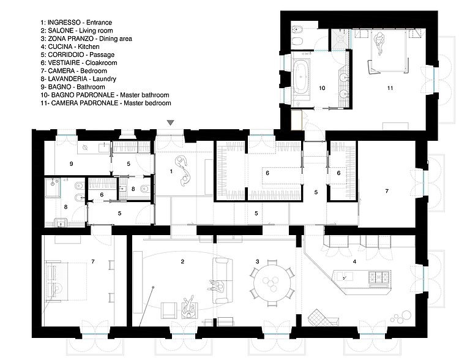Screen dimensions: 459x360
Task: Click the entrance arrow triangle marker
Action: pyautogui.click(x=170, y=122)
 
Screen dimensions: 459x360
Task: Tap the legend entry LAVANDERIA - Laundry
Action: pyautogui.click(x=78, y=79)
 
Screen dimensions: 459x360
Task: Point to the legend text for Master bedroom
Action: pyautogui.click(x=147, y=103)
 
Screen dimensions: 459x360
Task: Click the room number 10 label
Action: pyautogui.click(x=322, y=88)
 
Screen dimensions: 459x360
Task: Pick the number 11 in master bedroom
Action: pyautogui.click(x=390, y=88)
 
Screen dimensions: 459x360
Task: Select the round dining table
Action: pyautogui.click(x=272, y=283)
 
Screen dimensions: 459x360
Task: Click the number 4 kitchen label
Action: pyautogui.click(x=354, y=261)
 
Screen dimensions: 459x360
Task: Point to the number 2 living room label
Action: pyautogui.click(x=182, y=261)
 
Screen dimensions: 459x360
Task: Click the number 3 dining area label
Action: pyautogui.click(x=257, y=261)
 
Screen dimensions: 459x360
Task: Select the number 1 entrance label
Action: pyautogui.click(x=171, y=171)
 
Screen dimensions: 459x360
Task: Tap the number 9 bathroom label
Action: pyautogui.click(x=71, y=163)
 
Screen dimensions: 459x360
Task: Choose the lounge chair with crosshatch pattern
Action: pyautogui.click(x=323, y=317)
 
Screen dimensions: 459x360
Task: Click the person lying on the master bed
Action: pyautogui.click(x=379, y=43)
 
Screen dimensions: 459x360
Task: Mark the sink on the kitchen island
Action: pyautogui.click(x=345, y=276)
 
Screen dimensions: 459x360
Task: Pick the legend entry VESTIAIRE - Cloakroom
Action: pyautogui.click(x=79, y=62)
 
